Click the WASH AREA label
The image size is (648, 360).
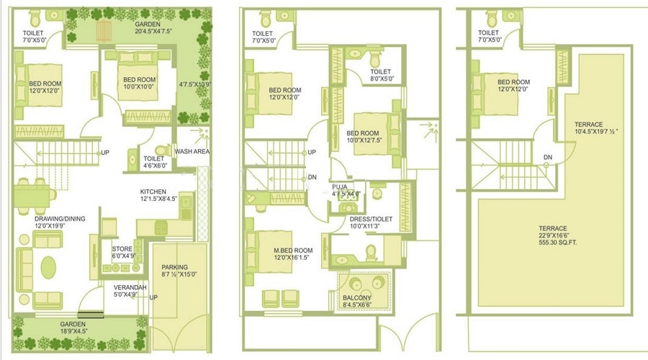coord(192,152)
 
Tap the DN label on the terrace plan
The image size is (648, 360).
coord(548,157)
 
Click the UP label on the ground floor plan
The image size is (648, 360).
coord(105,153)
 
